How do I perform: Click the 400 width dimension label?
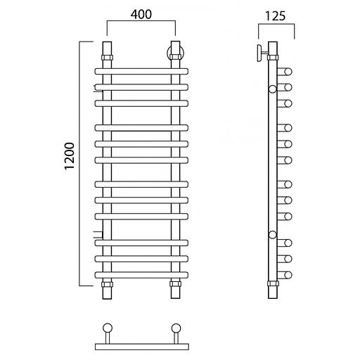click(141, 15)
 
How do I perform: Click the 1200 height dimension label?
click(70, 155)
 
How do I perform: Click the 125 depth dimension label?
click(276, 16)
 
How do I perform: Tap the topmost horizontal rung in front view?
click(141, 71)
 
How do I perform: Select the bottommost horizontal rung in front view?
click(141, 275)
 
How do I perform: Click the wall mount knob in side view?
click(259, 53)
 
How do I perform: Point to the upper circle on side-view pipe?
click(272, 89)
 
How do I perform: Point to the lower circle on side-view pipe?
click(272, 235)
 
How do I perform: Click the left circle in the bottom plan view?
click(108, 328)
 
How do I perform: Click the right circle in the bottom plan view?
click(176, 328)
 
